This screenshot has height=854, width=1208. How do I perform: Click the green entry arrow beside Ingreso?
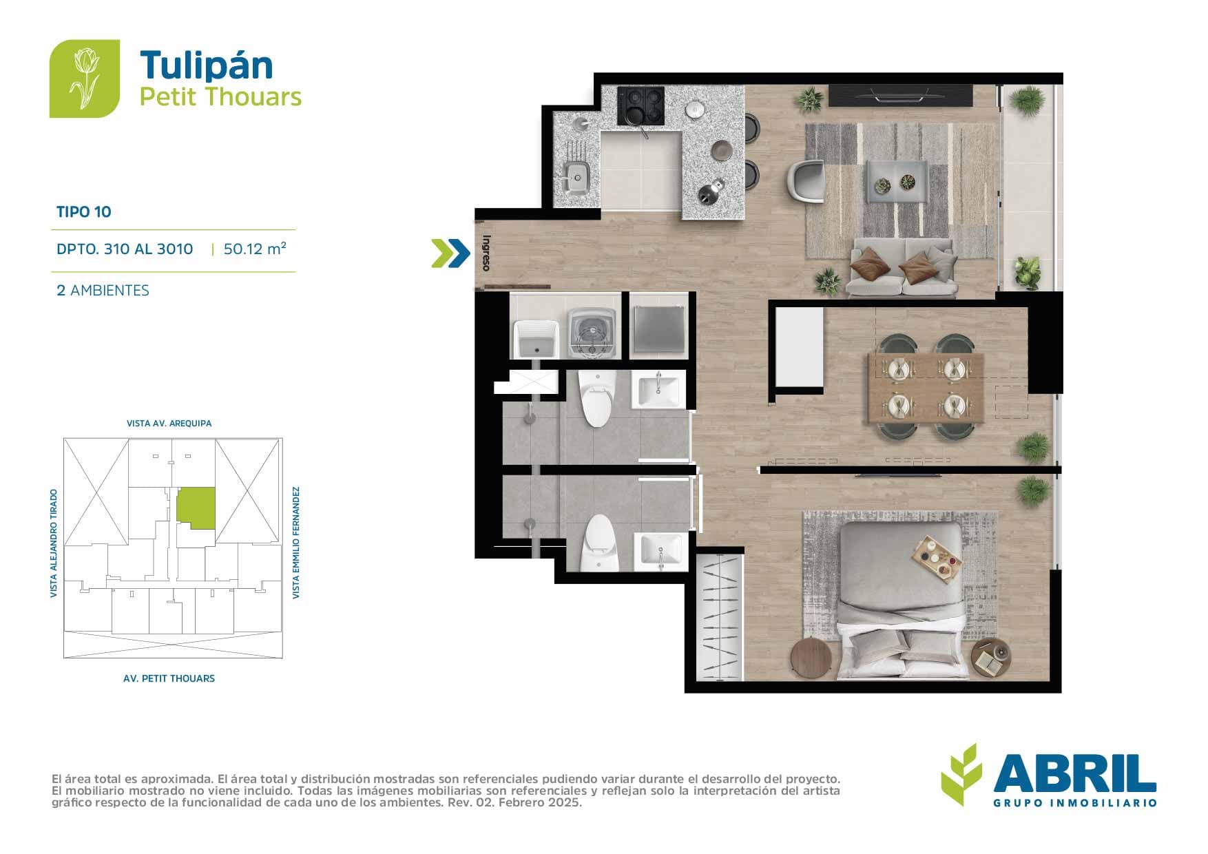pos(450,253)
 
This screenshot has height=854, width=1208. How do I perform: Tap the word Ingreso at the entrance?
pos(486,253)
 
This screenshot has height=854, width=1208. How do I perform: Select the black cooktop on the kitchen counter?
pos(641,106)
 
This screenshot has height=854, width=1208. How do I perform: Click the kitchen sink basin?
pos(576,176)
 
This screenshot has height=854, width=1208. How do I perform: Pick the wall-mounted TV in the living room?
pos(900,95)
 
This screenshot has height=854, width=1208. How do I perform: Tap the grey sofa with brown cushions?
pos(902,267)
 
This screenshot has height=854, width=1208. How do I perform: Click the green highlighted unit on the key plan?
pos(196,508)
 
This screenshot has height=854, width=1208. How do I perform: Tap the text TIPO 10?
pos(84,212)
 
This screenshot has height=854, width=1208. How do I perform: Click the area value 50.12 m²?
pos(255,249)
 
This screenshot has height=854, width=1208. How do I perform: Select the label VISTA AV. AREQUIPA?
pos(169,424)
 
